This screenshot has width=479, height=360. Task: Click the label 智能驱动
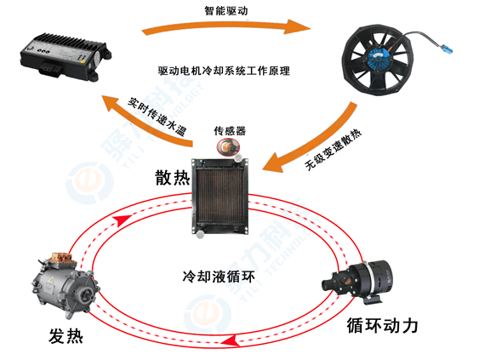pyautogui.click(x=228, y=11)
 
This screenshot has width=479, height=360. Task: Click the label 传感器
pyautogui.click(x=231, y=131)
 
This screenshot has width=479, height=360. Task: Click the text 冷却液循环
pyautogui.click(x=220, y=277)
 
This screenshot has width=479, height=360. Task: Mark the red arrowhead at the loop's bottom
pyautogui.click(x=228, y=342)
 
